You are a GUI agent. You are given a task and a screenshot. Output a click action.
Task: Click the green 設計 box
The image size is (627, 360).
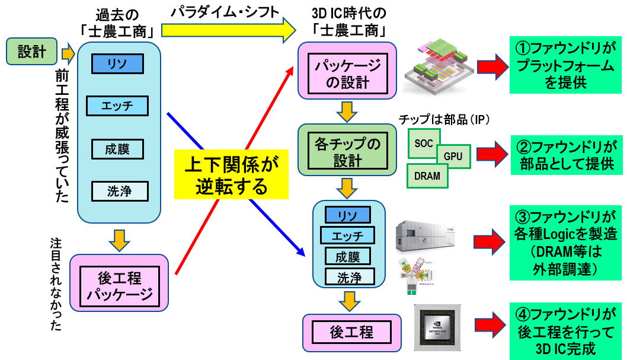31,52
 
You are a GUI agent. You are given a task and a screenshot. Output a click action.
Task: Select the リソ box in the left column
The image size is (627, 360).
117,63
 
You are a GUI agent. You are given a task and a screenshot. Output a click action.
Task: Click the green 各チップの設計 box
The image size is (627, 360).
348,150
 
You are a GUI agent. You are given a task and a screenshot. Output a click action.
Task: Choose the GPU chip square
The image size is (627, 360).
453,156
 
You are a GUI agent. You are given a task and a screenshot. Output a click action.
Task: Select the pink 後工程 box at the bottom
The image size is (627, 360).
347,332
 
